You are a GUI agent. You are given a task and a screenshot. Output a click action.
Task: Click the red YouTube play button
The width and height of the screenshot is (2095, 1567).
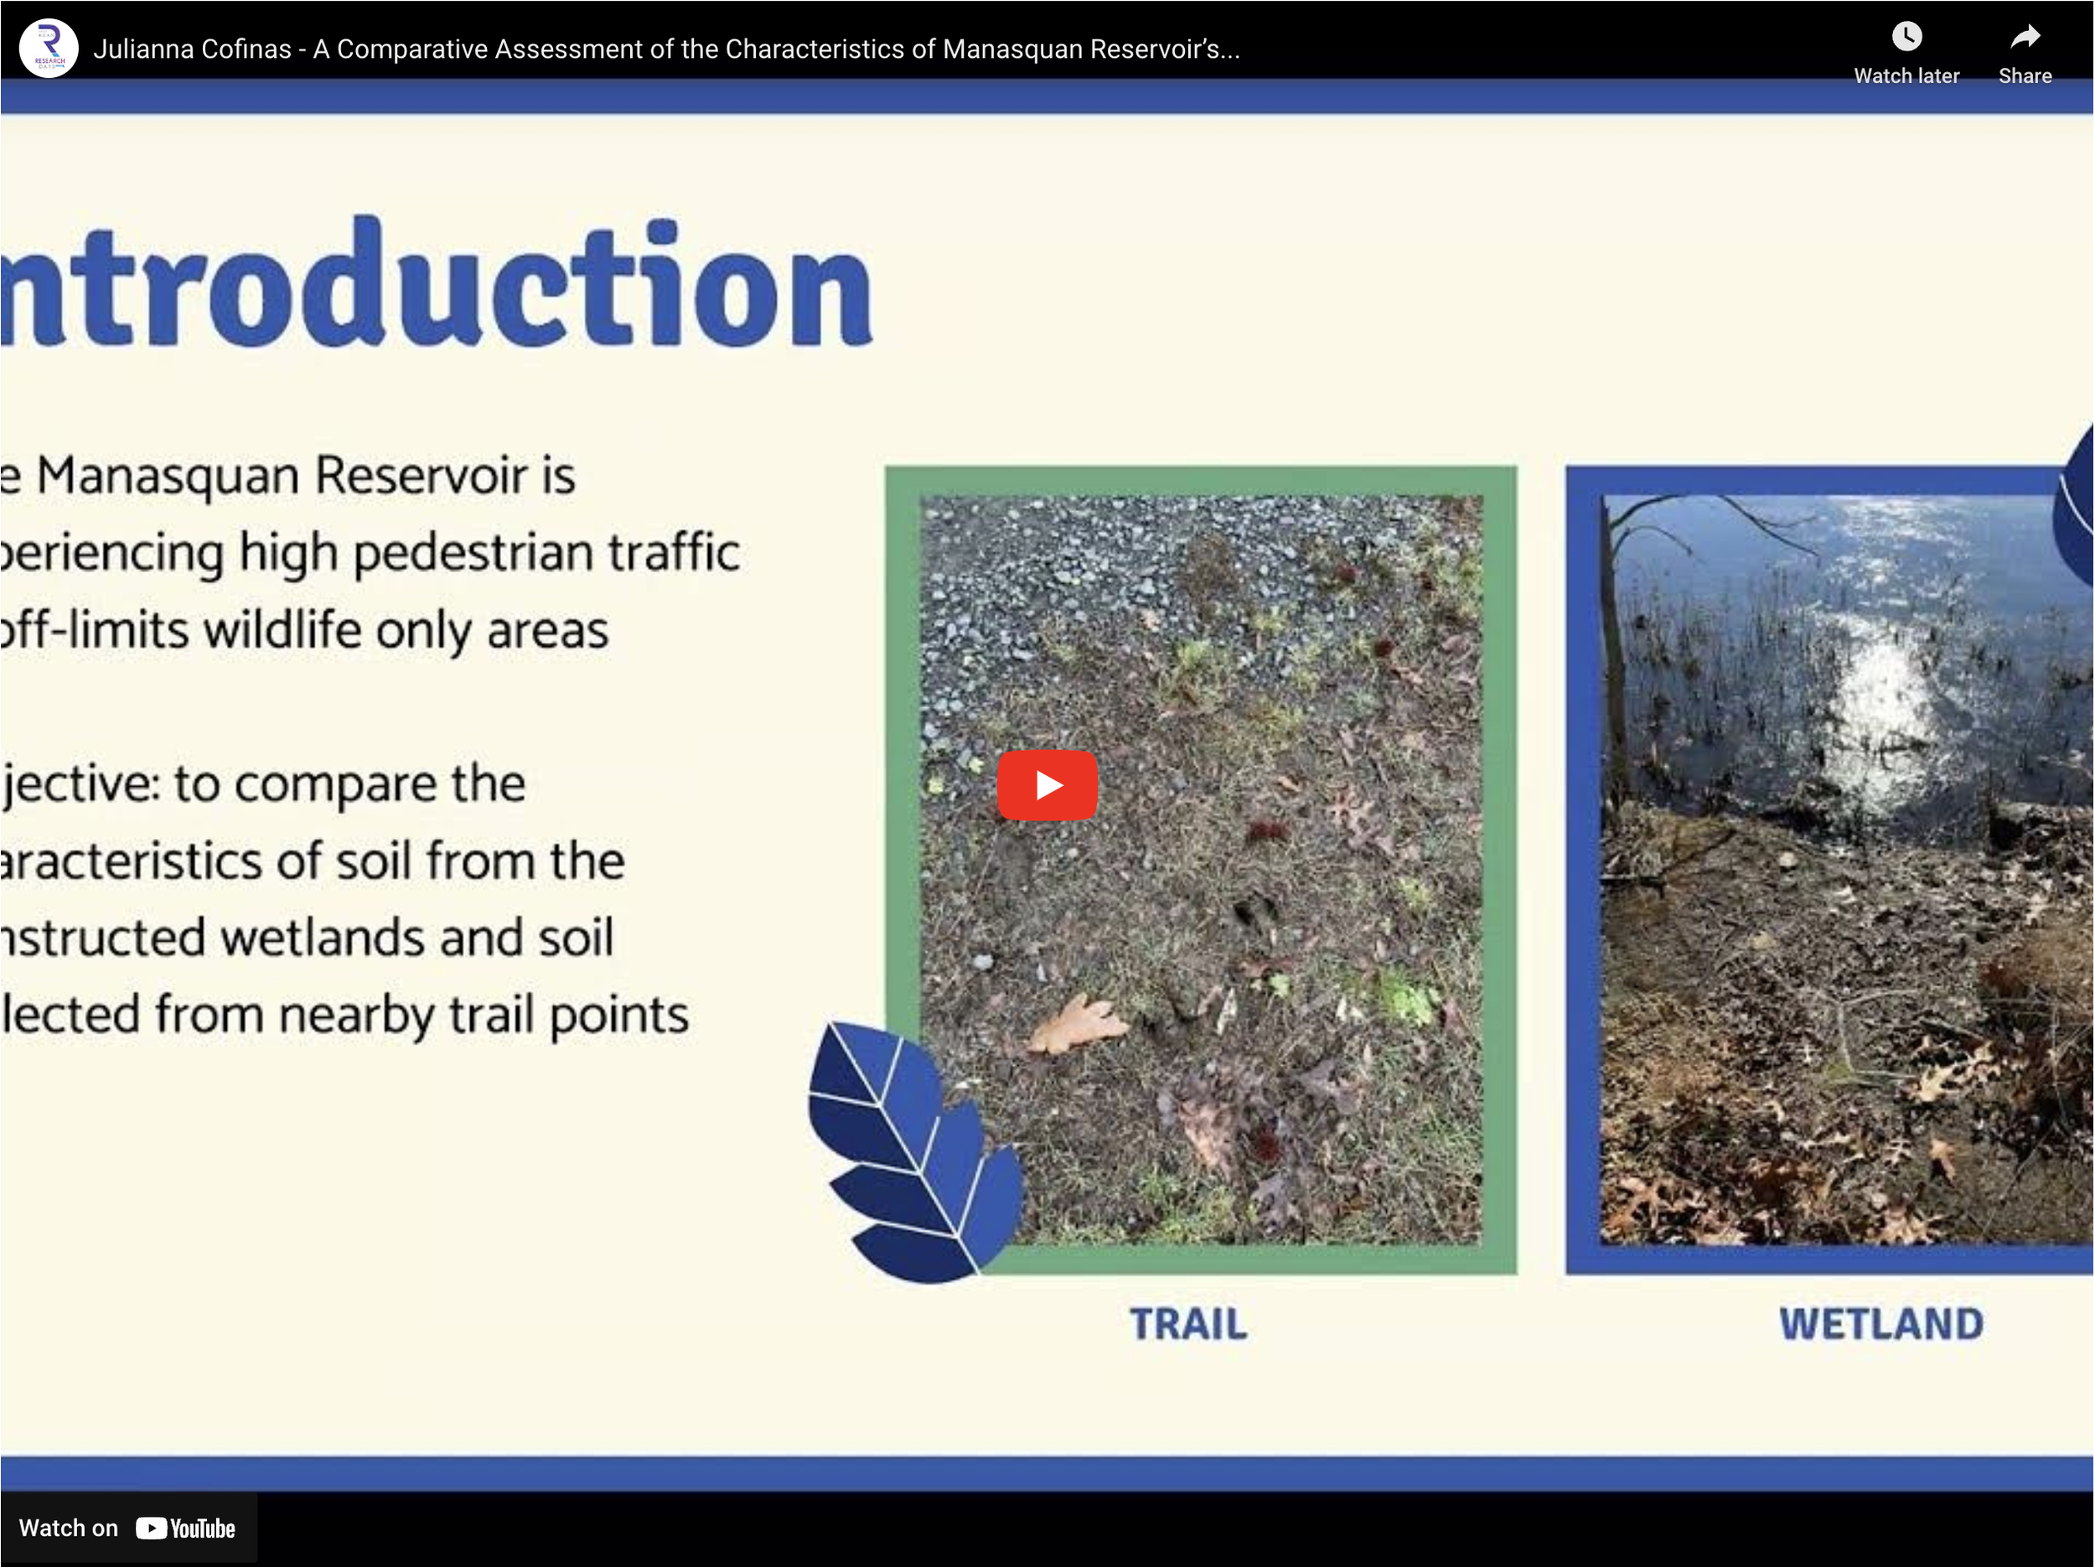(1047, 785)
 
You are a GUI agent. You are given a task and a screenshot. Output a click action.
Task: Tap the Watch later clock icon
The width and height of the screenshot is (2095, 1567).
(1906, 37)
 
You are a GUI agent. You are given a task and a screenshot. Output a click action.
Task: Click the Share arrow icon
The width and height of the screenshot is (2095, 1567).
(2024, 37)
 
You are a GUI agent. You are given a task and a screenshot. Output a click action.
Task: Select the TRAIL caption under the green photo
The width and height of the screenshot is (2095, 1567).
(1188, 1324)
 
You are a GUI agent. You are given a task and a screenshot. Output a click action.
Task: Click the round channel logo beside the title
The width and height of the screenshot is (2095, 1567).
(49, 49)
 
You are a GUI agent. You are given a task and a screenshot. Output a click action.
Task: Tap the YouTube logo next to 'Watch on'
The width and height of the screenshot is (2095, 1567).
(186, 1528)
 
